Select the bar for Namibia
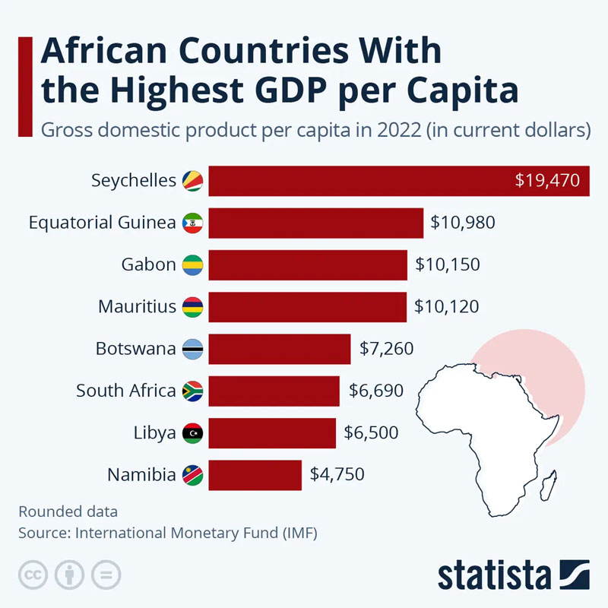click(x=255, y=475)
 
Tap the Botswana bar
click(x=279, y=349)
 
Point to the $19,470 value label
click(x=547, y=181)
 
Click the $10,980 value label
click(x=463, y=223)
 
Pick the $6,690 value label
click(x=376, y=391)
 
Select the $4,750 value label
click(x=337, y=474)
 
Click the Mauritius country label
click(x=137, y=307)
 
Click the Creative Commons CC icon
click(x=33, y=574)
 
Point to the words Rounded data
click(x=68, y=511)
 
